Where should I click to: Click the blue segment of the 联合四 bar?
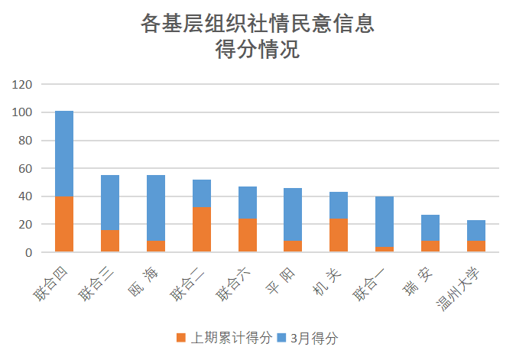64,154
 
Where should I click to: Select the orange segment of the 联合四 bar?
64,224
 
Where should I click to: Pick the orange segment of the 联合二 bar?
202,229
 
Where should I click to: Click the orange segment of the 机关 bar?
339,235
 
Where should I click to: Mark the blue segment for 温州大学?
476,230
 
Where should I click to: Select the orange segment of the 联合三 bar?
110,241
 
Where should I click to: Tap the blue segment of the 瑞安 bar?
430,228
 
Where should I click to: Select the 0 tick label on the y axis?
28,252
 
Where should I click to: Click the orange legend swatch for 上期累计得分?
180,337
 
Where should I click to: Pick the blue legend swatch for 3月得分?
281,337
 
